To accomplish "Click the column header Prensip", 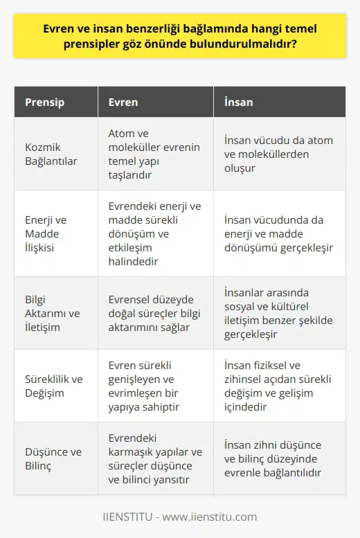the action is click(x=45, y=102).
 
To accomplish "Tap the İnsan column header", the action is click(x=238, y=102).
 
